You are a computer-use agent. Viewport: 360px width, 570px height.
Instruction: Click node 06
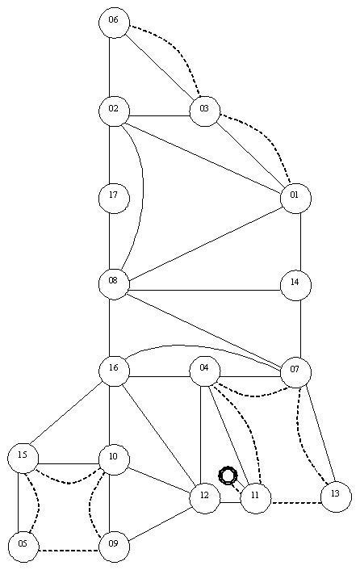[114, 23]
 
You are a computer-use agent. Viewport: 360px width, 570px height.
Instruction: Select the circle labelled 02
[114, 111]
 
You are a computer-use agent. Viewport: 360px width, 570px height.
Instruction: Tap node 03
[205, 111]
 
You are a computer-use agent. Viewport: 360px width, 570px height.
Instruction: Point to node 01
[295, 198]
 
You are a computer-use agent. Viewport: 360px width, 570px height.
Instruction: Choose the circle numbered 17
[114, 198]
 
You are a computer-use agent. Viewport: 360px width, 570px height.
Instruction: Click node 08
[114, 284]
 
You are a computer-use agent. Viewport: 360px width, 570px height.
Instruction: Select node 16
[114, 371]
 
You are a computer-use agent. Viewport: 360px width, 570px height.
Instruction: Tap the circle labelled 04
[205, 371]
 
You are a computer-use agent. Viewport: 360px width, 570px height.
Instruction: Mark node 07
[295, 372]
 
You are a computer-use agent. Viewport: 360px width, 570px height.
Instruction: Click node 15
[23, 458]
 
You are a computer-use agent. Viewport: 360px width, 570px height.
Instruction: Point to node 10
[114, 459]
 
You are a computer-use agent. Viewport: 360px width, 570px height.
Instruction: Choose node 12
[205, 498]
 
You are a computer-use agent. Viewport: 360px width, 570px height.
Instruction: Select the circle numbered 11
[256, 498]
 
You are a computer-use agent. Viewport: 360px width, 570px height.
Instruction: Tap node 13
[336, 497]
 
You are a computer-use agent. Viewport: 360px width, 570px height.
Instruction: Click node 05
[23, 547]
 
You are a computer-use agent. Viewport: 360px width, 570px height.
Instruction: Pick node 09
[114, 547]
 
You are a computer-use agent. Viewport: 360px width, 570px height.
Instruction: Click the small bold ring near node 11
[228, 475]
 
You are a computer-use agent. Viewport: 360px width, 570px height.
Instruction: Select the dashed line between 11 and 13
[296, 503]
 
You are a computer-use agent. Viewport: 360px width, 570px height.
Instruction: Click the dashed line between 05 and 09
[69, 551]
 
